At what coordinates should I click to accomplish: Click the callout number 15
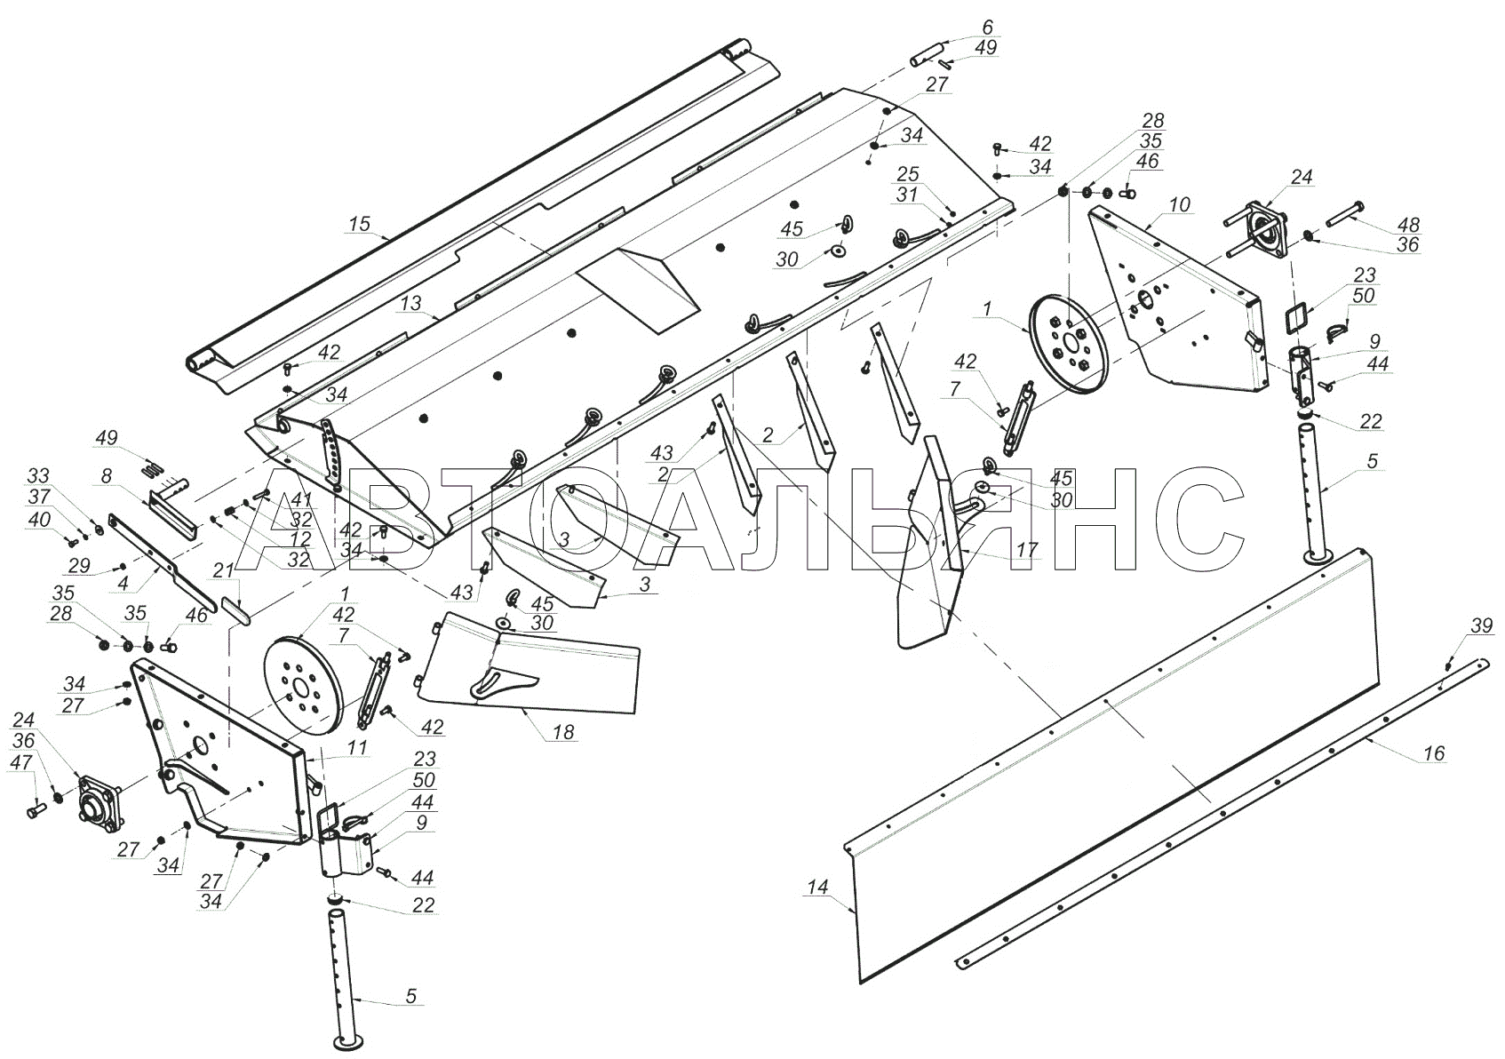click(x=360, y=224)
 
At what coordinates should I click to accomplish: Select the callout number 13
click(x=410, y=303)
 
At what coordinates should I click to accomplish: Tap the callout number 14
click(x=817, y=888)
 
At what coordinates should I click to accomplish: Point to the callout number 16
click(x=1434, y=753)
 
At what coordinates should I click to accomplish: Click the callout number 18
click(x=563, y=732)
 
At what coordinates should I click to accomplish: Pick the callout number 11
click(x=357, y=748)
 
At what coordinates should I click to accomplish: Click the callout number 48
click(x=1409, y=225)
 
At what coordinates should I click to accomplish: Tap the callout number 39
click(x=1482, y=625)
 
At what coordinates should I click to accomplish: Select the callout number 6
click(x=987, y=28)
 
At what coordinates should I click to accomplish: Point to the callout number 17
click(x=1027, y=550)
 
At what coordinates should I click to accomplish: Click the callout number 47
click(x=20, y=762)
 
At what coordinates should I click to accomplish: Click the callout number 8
click(x=106, y=477)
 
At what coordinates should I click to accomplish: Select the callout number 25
click(x=908, y=174)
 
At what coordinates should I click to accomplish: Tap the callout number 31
click(x=907, y=195)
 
